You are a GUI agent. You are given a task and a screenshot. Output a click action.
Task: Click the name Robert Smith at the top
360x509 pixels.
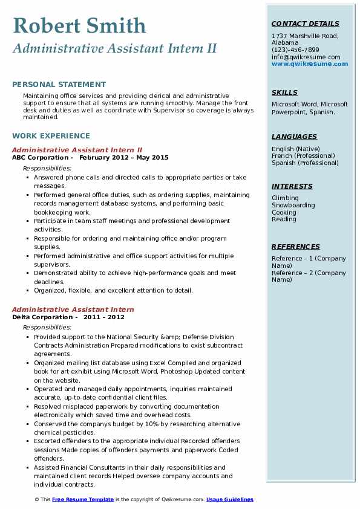click(79, 25)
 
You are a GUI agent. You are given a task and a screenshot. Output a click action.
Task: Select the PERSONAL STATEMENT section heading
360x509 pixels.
click(59, 85)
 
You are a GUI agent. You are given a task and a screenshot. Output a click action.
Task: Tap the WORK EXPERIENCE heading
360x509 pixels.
click(51, 136)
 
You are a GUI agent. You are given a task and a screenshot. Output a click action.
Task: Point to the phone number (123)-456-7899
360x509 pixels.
click(295, 50)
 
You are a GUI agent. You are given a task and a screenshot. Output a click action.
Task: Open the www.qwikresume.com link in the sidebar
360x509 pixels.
click(306, 63)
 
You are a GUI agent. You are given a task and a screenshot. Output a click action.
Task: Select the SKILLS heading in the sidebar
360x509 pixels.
click(284, 92)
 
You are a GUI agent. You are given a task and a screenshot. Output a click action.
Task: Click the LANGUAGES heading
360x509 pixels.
click(294, 137)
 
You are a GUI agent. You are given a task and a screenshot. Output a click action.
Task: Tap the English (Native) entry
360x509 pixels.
click(296, 149)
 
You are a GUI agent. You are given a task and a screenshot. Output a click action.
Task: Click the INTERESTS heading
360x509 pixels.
click(292, 186)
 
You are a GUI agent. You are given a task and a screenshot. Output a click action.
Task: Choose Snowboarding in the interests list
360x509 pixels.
click(293, 205)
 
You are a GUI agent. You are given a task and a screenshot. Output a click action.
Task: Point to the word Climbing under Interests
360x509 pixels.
click(285, 198)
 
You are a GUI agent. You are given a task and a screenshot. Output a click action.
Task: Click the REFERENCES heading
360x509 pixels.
click(296, 247)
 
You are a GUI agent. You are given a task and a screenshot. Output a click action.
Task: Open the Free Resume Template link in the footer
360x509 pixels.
click(83, 499)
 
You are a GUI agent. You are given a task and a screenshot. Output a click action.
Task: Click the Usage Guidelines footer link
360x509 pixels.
click(230, 499)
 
